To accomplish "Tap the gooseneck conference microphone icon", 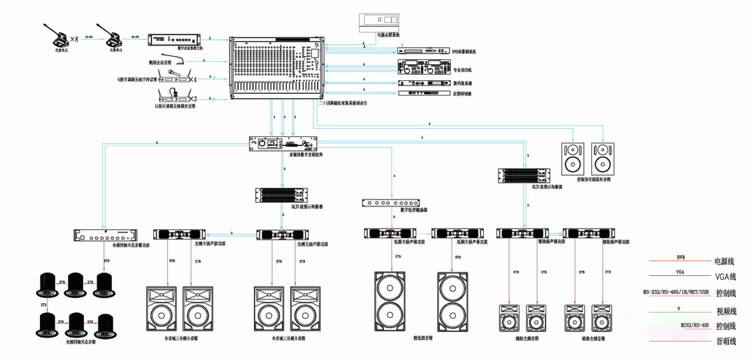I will tap(180, 61).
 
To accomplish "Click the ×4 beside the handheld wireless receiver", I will tap(193, 79).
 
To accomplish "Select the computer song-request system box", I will tap(379, 20).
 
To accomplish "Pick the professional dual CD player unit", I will tap(424, 68).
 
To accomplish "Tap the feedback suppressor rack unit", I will tap(424, 93).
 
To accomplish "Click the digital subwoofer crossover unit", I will tap(391, 203).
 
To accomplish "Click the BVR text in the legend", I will tap(681, 257).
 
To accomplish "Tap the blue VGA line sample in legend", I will tap(681, 276).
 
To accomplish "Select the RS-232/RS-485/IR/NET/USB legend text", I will tap(681, 291).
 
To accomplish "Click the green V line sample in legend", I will tap(681, 311).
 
